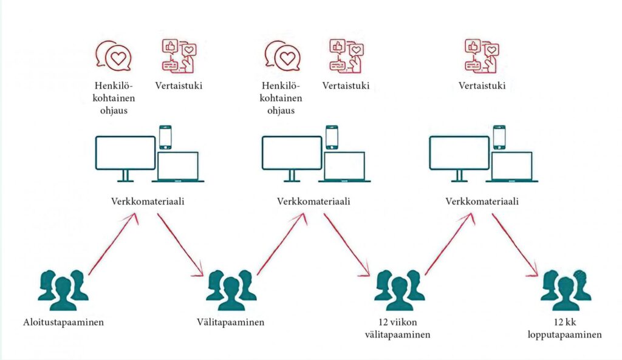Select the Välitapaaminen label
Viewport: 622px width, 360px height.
point(230,322)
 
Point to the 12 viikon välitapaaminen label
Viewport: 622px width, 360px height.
point(398,328)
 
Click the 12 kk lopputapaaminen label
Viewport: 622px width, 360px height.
point(566,328)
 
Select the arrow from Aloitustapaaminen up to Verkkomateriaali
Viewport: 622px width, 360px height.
point(112,244)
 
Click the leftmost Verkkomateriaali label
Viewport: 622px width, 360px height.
point(148,201)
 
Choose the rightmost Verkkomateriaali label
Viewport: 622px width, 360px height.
point(482,201)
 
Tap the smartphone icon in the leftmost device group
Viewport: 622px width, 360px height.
point(165,137)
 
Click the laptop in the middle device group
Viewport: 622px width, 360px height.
point(344,166)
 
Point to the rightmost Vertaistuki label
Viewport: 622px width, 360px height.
point(482,86)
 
